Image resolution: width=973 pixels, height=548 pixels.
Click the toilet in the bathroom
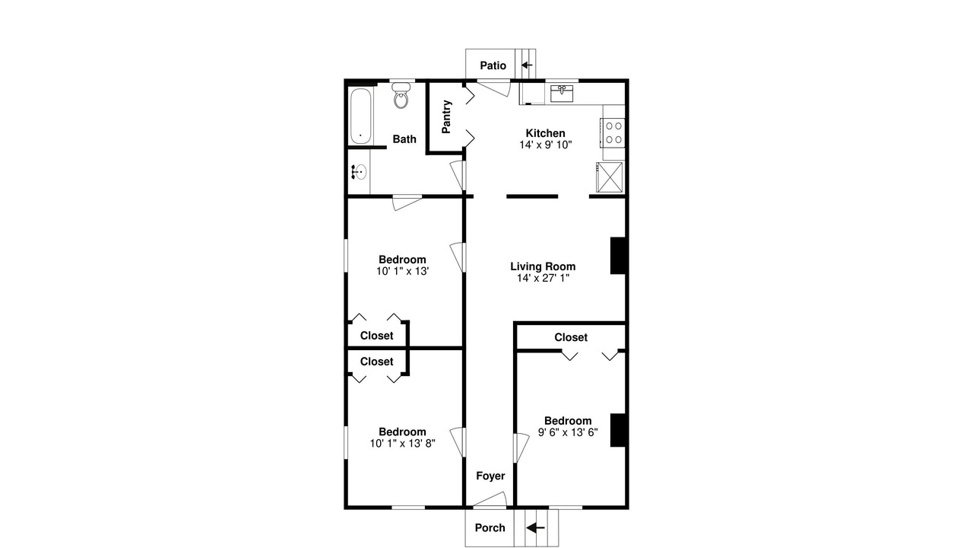pyautogui.click(x=401, y=95)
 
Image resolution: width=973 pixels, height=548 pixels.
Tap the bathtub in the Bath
pyautogui.click(x=360, y=116)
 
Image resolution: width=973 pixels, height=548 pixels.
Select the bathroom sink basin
pyautogui.click(x=360, y=172)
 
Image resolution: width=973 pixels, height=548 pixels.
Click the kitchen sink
pyautogui.click(x=562, y=94)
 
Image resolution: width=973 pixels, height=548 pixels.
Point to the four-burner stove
pyautogui.click(x=613, y=132)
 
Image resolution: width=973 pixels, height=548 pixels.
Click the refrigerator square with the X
pyautogui.click(x=610, y=177)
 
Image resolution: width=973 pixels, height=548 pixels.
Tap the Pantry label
pyautogui.click(x=446, y=116)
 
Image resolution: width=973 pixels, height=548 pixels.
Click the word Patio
pyautogui.click(x=493, y=65)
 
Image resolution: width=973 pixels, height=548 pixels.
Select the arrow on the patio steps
pyautogui.click(x=527, y=65)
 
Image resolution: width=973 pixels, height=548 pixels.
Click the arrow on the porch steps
pyautogui.click(x=536, y=528)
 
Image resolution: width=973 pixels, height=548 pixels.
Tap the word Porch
pyautogui.click(x=490, y=528)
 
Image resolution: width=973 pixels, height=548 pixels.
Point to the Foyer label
pyautogui.click(x=490, y=476)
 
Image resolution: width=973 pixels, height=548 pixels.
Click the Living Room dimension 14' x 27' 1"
pyautogui.click(x=543, y=278)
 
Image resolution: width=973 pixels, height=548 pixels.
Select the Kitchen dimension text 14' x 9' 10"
pyautogui.click(x=546, y=145)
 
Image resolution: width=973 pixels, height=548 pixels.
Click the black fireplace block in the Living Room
pyautogui.click(x=618, y=256)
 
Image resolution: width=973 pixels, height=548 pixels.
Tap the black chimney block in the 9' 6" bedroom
pyautogui.click(x=618, y=430)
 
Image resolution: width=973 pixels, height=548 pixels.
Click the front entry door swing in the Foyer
pyautogui.click(x=490, y=499)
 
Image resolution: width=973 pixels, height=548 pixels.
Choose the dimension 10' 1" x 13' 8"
pyautogui.click(x=403, y=443)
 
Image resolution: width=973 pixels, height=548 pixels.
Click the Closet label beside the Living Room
pyautogui.click(x=571, y=337)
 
